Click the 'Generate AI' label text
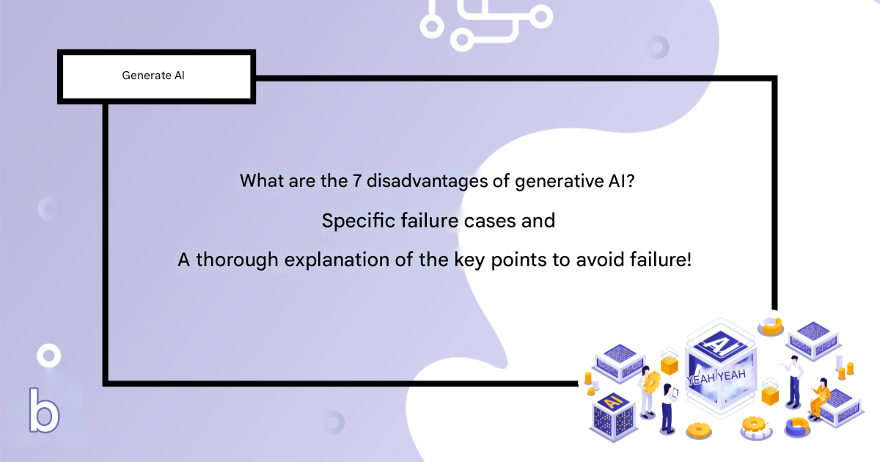pyautogui.click(x=153, y=75)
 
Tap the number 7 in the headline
pyautogui.click(x=356, y=181)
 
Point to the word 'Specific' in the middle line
pyautogui.click(x=359, y=221)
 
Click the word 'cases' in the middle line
pyautogui.click(x=490, y=221)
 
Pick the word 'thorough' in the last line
pyautogui.click(x=237, y=260)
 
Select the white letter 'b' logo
pyautogui.click(x=44, y=410)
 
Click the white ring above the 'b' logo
pyautogui.click(x=48, y=356)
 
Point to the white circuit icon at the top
pyautogui.click(x=486, y=24)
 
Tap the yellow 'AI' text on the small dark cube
pyautogui.click(x=613, y=402)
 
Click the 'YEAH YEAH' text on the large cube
pyautogui.click(x=716, y=377)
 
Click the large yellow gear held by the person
pyautogui.click(x=652, y=382)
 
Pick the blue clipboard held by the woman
pyautogui.click(x=675, y=393)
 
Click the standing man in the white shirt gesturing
pyautogui.click(x=793, y=381)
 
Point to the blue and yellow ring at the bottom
pyautogui.click(x=798, y=427)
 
